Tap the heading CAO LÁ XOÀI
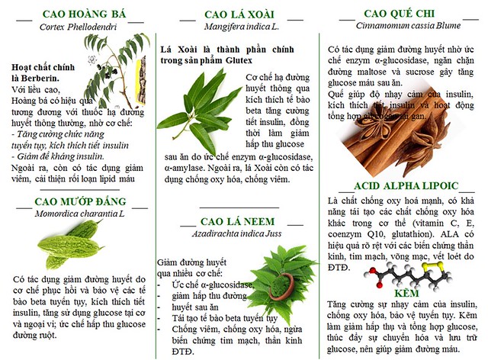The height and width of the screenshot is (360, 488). (x=240, y=14)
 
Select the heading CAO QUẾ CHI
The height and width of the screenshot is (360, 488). (x=400, y=13)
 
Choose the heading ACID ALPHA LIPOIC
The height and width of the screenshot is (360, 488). (x=405, y=185)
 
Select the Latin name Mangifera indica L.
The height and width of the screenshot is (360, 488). (x=240, y=26)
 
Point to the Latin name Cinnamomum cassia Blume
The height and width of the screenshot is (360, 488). (x=400, y=26)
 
